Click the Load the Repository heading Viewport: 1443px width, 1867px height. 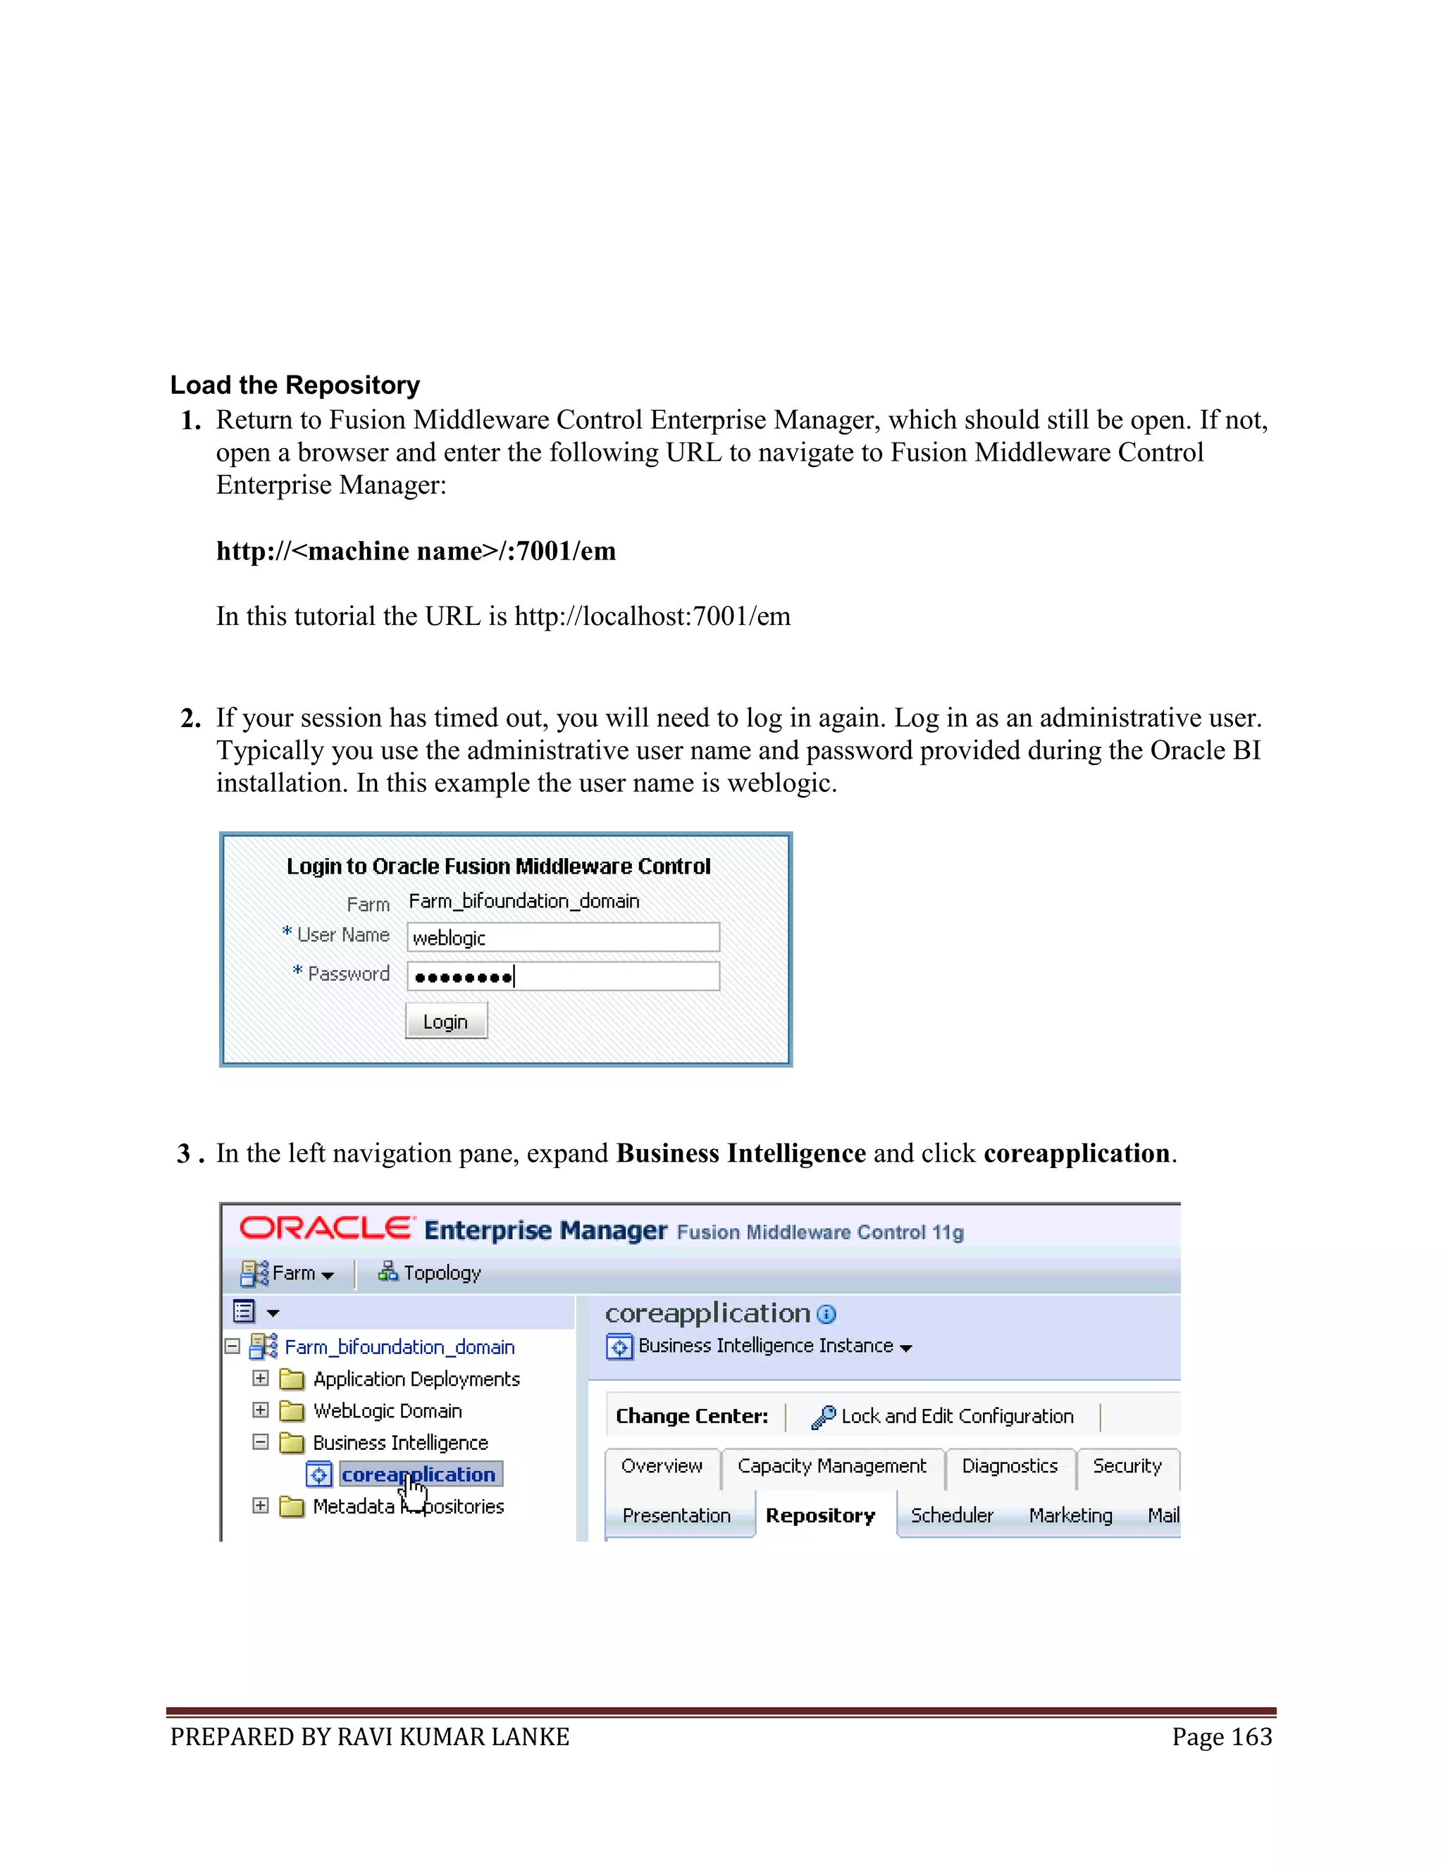click(295, 385)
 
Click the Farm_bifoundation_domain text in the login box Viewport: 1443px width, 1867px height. click(524, 901)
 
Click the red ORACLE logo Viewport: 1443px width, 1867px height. click(325, 1229)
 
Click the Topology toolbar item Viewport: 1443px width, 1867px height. click(430, 1273)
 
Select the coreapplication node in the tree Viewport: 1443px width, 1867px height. click(417, 1475)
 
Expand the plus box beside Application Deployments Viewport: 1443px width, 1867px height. click(261, 1378)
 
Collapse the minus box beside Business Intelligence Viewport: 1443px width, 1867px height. click(261, 1442)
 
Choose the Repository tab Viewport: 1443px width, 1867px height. click(820, 1515)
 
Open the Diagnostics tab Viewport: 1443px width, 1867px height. click(1009, 1466)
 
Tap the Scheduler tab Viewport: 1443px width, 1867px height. click(951, 1515)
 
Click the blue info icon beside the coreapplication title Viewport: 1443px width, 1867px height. click(826, 1314)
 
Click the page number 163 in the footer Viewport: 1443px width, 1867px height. click(1222, 1737)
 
